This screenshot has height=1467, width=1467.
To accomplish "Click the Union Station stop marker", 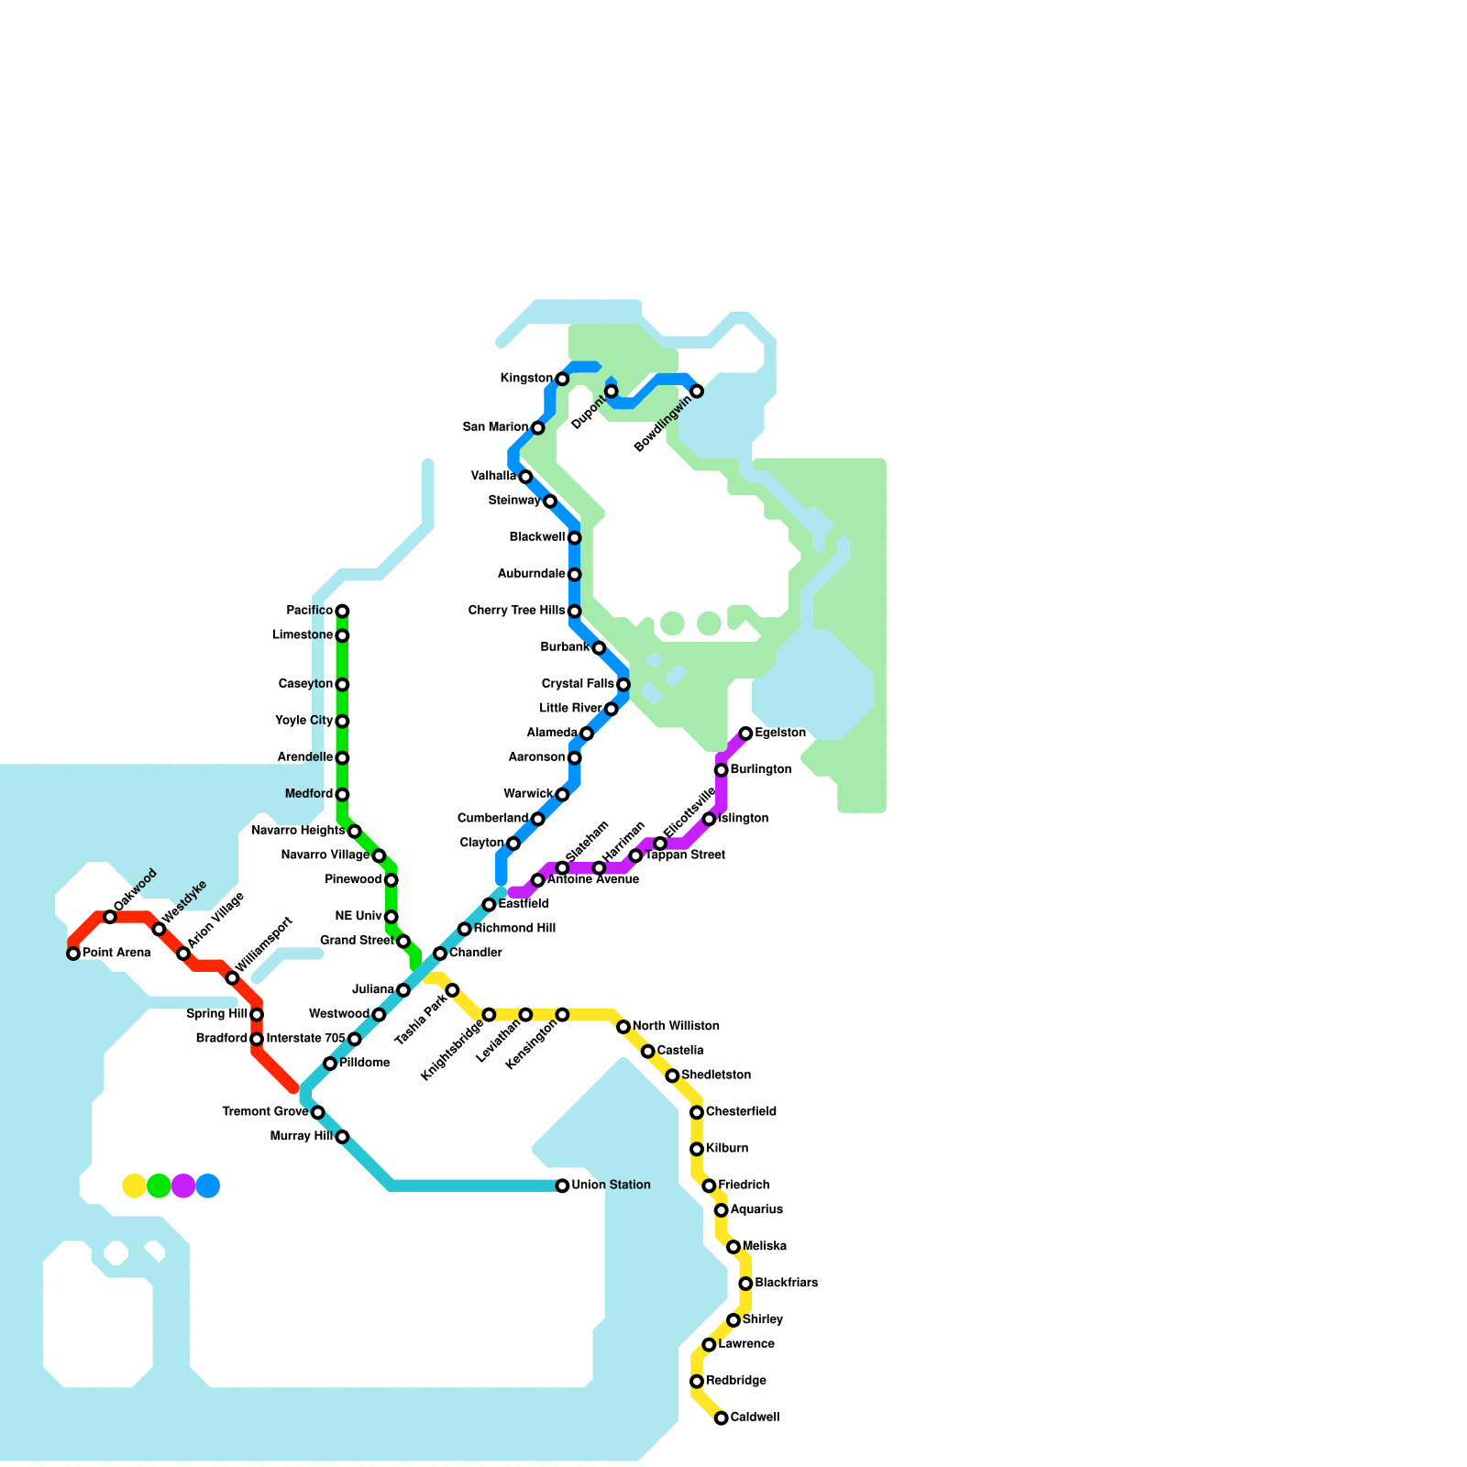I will coord(562,1186).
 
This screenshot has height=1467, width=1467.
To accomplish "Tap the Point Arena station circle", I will coord(73,954).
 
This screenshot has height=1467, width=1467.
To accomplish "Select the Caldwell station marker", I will coord(722,1417).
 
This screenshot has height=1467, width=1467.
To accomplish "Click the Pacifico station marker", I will coord(342,611).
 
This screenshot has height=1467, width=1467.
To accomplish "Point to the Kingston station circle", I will coord(562,379).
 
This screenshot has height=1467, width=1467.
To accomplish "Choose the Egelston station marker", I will coord(746,733).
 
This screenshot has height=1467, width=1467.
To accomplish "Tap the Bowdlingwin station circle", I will coord(697,392).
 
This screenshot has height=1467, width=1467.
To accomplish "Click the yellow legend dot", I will coord(134,1186).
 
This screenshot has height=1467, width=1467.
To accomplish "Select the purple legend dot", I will coord(183,1186).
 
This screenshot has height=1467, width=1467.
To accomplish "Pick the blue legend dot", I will coord(208,1186).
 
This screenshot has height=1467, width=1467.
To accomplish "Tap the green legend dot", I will coord(159,1186).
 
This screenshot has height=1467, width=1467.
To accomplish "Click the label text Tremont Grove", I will coord(265,1112).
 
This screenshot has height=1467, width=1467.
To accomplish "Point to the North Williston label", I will coord(676,1026).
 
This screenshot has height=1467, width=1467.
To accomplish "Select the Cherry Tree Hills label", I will coord(516,611).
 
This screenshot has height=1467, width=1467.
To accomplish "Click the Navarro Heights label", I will coord(298,831).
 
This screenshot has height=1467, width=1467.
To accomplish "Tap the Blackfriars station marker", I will coord(746,1284).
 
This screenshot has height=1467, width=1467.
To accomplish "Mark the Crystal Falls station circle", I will coord(623,684).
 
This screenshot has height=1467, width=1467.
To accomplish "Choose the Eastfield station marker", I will coord(489,905).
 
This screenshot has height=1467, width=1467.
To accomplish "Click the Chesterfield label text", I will coord(741,1112).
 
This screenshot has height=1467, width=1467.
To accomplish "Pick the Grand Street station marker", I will coord(403,942).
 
